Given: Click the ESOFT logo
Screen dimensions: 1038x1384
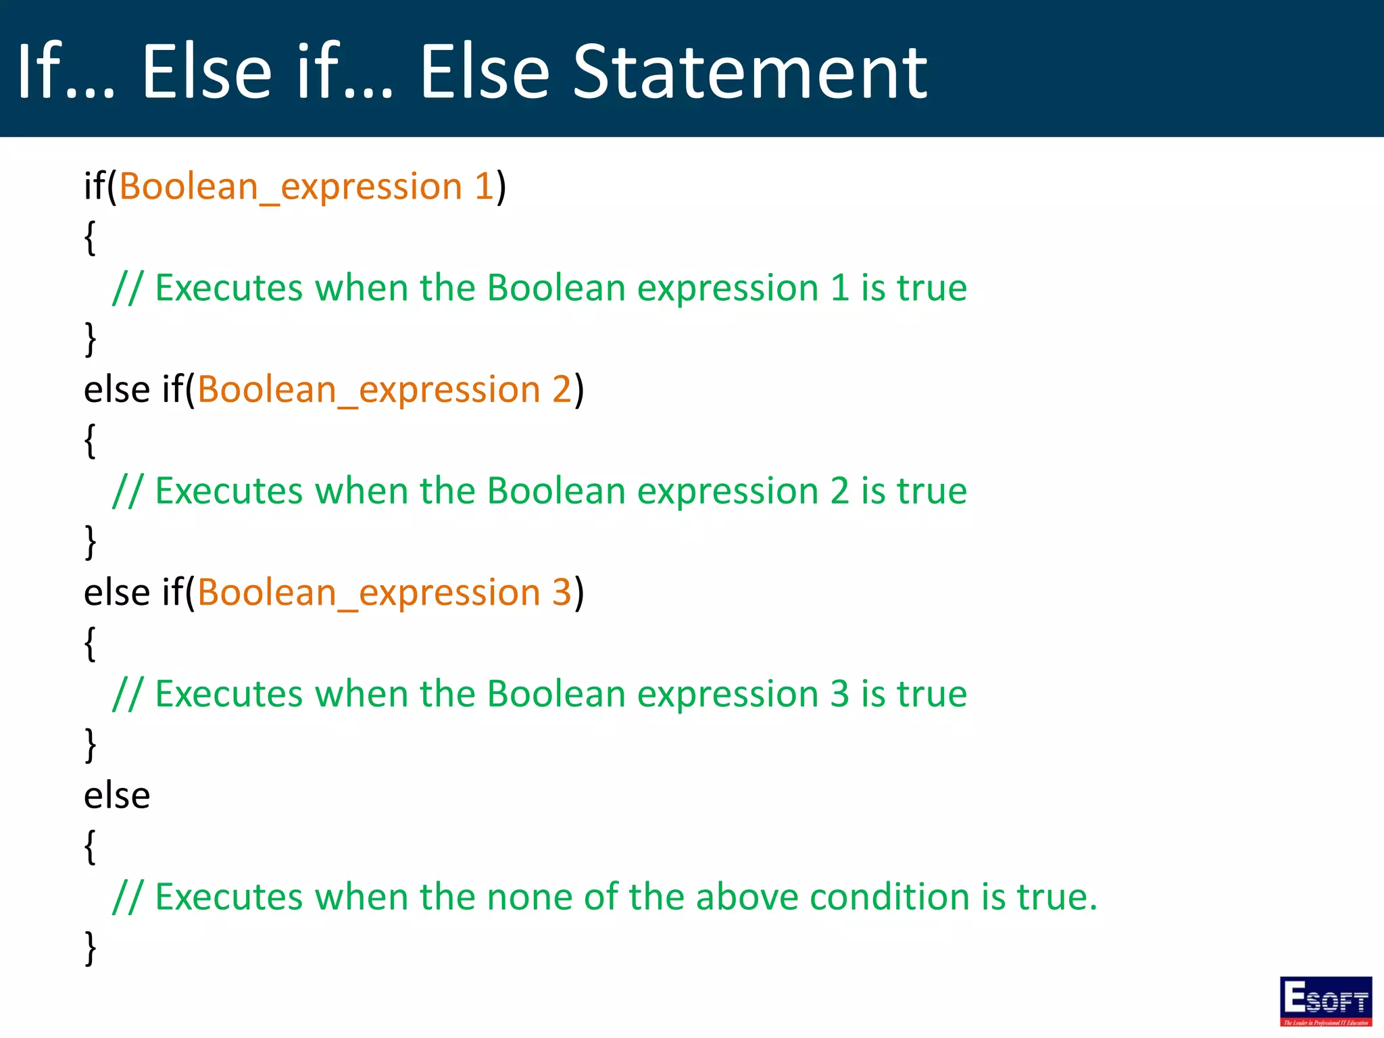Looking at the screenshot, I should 1325,1001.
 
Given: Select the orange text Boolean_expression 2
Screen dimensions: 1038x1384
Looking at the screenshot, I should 385,389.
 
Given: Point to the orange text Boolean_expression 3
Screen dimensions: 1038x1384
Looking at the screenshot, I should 385,593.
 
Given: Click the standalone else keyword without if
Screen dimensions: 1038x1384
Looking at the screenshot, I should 116,795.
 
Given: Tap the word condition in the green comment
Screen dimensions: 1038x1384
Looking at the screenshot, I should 889,897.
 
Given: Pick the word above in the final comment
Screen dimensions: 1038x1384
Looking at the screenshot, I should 747,897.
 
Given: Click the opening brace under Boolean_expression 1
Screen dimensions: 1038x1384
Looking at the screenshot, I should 90,238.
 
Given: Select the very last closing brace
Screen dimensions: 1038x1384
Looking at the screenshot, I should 90,949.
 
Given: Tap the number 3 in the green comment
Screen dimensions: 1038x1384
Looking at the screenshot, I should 839,694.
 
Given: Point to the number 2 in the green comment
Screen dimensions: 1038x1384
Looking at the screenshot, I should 839,491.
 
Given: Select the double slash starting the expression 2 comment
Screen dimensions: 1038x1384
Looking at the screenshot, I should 128,492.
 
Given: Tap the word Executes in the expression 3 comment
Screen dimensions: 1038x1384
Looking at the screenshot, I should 228,694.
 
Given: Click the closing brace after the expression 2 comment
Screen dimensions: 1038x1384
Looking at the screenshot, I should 90,542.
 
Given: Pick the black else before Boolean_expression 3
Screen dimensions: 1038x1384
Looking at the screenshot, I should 116,593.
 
